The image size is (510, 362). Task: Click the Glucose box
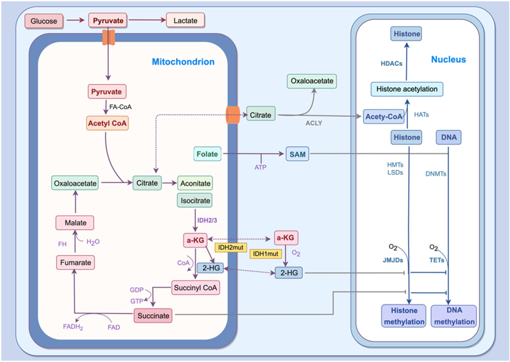click(x=44, y=21)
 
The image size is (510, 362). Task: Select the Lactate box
click(x=185, y=20)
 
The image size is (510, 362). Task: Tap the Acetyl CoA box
click(x=107, y=123)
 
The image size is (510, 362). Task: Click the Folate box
click(x=207, y=154)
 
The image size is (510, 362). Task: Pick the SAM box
click(x=297, y=154)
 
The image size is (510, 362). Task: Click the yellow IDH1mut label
click(x=265, y=254)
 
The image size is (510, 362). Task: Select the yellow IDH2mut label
click(x=231, y=247)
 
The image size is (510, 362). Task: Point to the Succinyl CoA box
click(x=195, y=288)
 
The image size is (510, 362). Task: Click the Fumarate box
click(x=76, y=263)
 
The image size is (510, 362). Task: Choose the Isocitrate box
click(x=195, y=201)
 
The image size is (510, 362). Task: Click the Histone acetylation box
click(x=407, y=89)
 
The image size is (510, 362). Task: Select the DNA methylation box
click(x=454, y=316)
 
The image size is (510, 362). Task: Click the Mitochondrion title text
click(x=183, y=62)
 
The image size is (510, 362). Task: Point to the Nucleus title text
click(x=448, y=60)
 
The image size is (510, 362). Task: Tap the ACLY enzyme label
click(x=314, y=123)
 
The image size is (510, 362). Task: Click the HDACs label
click(x=391, y=64)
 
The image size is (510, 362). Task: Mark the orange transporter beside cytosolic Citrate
click(x=233, y=115)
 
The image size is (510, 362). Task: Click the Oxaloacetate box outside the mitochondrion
click(x=312, y=81)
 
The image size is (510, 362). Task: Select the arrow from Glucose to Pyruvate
click(x=75, y=20)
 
